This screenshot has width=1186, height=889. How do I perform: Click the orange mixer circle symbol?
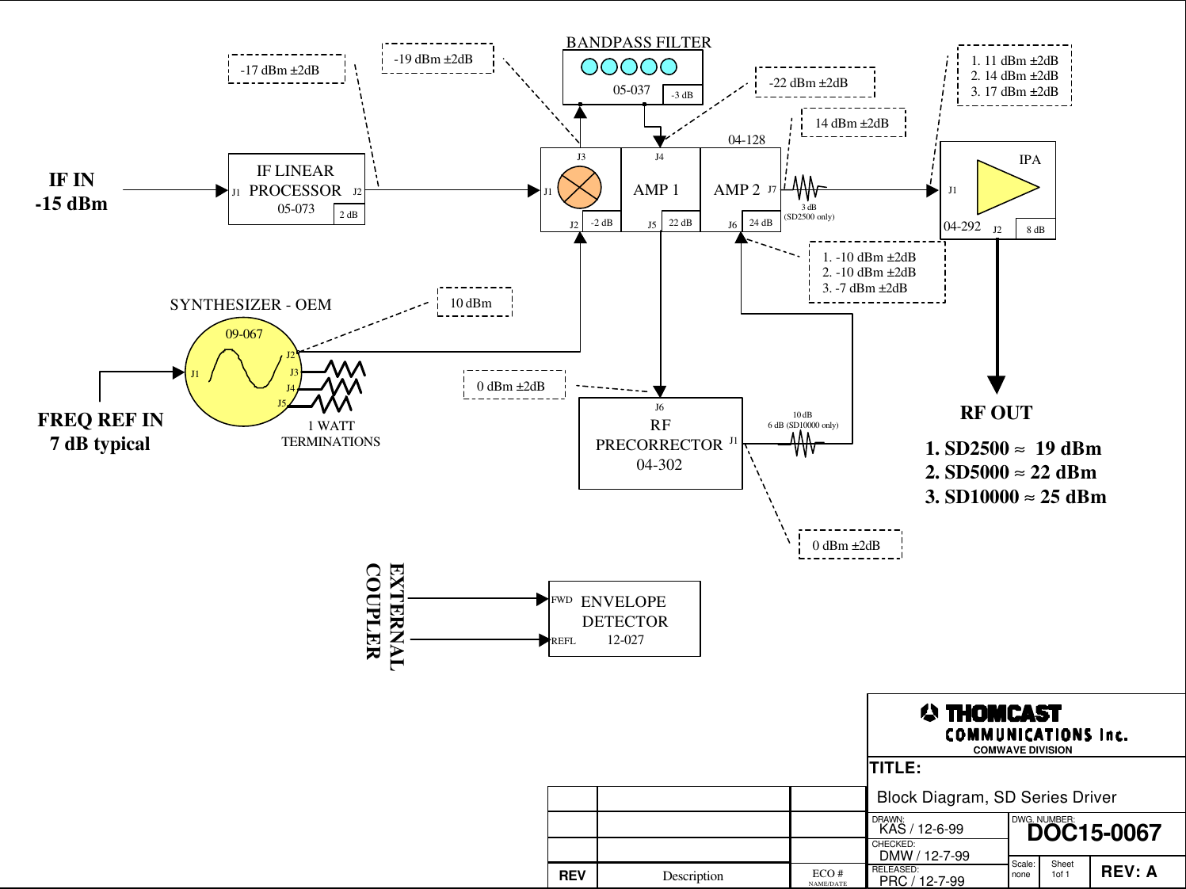(579, 189)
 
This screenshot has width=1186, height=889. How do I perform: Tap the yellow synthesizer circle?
(239, 372)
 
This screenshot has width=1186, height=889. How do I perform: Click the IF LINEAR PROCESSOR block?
(296, 189)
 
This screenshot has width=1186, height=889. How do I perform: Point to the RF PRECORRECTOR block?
(660, 444)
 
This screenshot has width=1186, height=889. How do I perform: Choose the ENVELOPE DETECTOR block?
(624, 619)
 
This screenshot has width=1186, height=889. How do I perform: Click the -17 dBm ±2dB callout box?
(287, 70)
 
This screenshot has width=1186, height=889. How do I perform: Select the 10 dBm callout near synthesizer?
(475, 303)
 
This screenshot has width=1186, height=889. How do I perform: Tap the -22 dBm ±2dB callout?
(814, 82)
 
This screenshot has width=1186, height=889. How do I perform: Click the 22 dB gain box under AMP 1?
(680, 223)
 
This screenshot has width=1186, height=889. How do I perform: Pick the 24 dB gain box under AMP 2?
(761, 223)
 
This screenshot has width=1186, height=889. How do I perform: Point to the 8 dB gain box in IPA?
(1035, 230)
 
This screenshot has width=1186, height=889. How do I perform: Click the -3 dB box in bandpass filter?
(681, 95)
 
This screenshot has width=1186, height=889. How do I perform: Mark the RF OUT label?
(996, 413)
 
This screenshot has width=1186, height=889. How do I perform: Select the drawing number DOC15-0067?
(1093, 834)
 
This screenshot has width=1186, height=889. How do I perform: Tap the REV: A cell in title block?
(1129, 872)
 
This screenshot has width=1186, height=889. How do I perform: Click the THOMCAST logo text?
(1002, 714)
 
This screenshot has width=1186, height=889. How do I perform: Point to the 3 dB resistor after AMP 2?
(806, 188)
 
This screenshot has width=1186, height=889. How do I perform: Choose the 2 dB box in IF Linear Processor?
(349, 215)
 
